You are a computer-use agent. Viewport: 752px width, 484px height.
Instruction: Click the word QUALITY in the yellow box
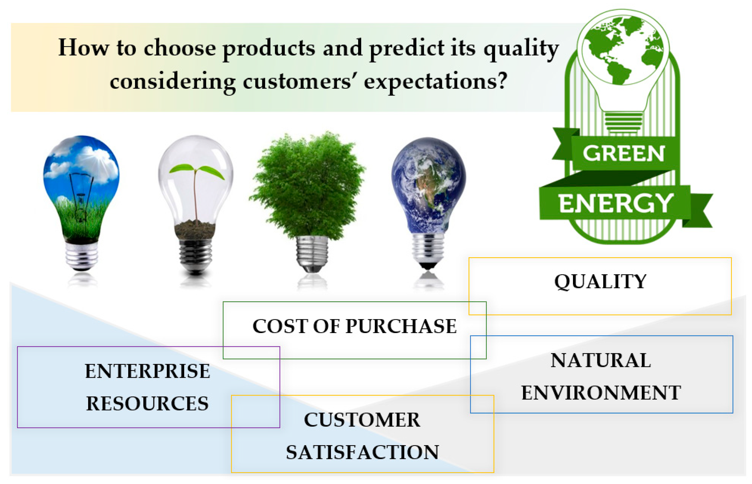point(600,281)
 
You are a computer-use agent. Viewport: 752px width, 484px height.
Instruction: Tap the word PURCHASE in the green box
point(401,326)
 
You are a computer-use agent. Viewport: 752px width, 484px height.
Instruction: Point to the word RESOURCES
point(147,403)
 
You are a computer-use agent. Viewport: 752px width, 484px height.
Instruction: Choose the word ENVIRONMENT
point(601,392)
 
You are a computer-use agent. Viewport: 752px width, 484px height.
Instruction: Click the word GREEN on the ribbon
point(624,153)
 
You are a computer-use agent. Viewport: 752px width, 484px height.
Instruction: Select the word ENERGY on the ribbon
point(615,203)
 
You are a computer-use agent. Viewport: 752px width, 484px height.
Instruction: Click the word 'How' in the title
point(84,47)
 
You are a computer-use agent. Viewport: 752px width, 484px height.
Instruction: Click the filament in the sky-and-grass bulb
point(81,197)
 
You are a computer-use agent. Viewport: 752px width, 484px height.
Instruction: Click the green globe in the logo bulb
point(623,50)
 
